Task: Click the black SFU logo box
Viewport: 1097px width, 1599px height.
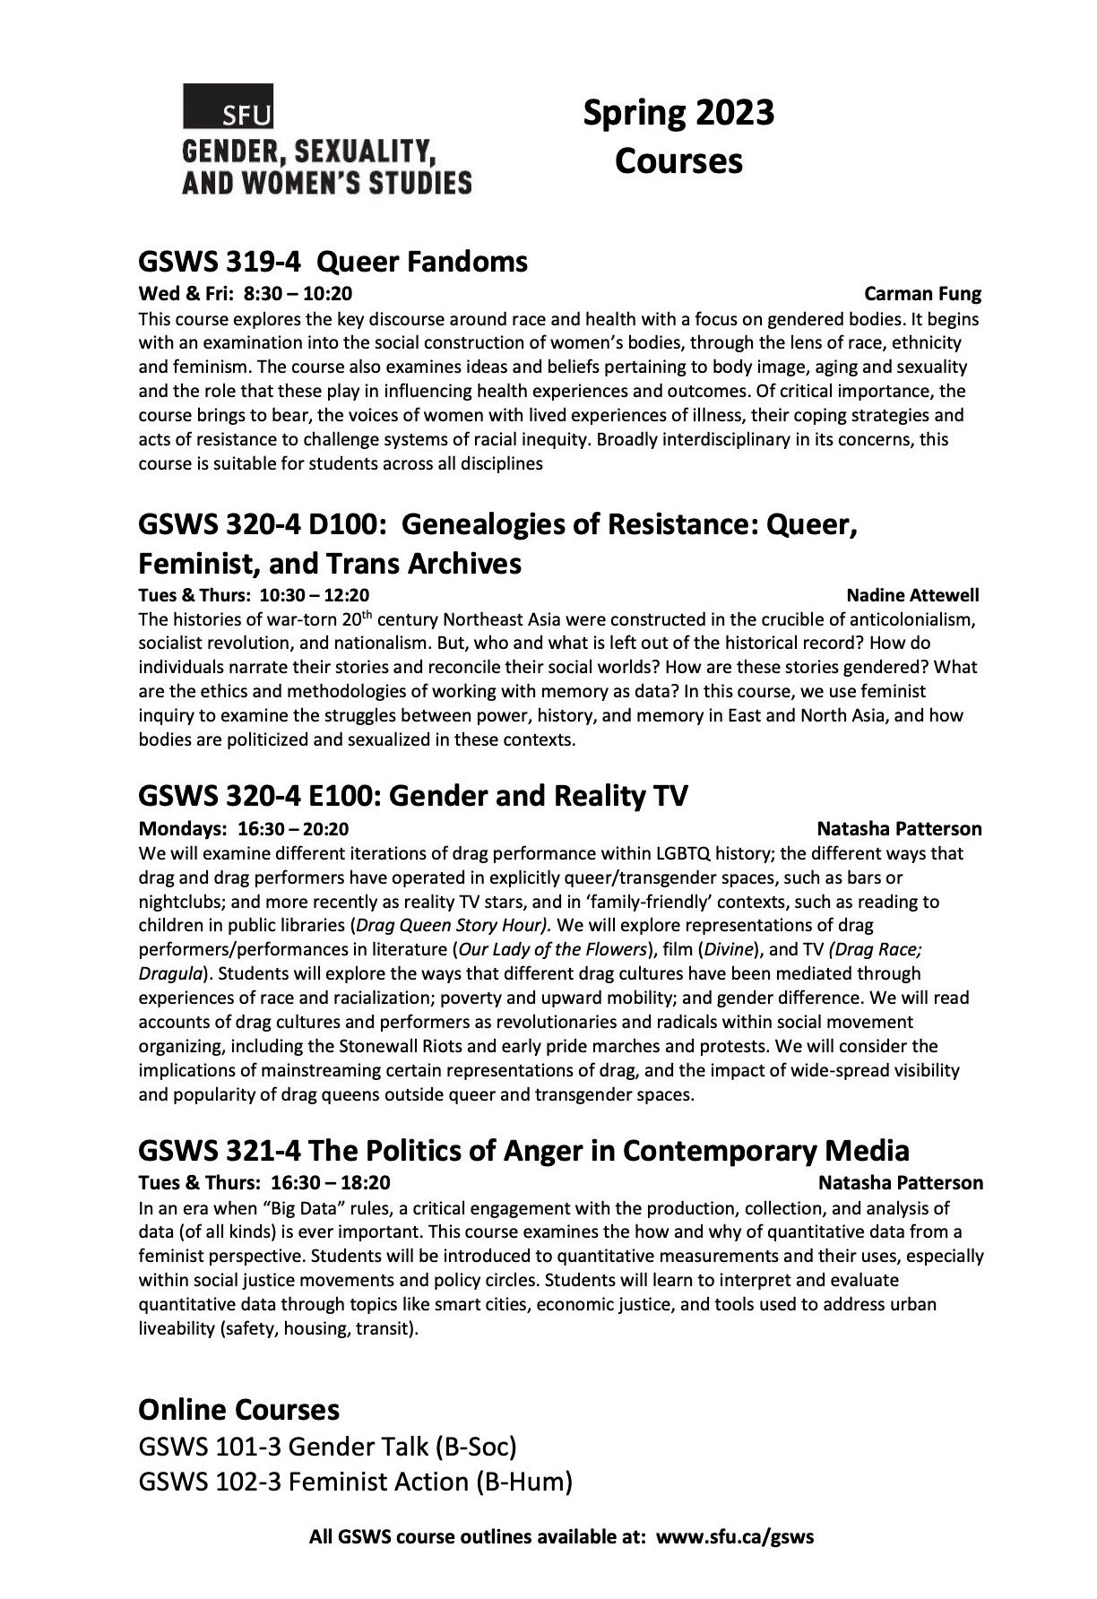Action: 228,106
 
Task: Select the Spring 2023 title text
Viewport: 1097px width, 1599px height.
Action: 678,114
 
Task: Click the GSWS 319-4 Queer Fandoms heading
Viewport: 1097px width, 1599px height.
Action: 333,262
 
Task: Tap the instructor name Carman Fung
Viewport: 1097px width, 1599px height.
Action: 922,294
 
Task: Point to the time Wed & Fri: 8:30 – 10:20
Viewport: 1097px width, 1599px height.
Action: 245,294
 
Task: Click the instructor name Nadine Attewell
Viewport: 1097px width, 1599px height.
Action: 912,595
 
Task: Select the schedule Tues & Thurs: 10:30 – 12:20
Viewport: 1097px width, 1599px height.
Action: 254,595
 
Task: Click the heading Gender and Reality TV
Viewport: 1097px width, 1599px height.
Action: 539,796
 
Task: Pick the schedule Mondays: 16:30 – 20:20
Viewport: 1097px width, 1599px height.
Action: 244,829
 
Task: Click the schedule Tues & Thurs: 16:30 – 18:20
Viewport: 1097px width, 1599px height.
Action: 264,1183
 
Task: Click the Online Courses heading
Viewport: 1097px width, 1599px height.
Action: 238,1410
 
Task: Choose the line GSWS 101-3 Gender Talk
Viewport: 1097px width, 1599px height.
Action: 328,1447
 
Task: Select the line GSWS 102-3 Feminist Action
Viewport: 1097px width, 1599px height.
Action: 355,1482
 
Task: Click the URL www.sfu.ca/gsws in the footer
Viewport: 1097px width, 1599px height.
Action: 735,1537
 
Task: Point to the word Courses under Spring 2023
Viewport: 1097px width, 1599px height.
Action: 678,162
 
